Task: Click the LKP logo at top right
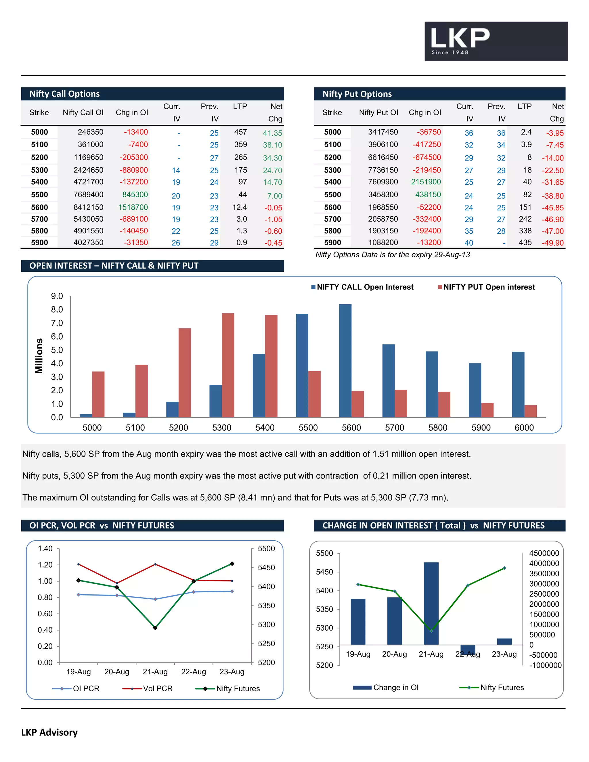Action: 496,41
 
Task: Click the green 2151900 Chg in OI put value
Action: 426,182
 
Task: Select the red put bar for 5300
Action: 228,365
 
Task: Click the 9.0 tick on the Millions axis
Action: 57,296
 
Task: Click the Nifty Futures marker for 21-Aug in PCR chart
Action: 155,628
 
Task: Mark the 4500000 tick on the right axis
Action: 544,553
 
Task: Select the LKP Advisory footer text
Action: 49,732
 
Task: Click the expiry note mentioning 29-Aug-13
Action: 392,255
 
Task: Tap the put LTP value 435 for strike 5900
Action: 525,242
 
